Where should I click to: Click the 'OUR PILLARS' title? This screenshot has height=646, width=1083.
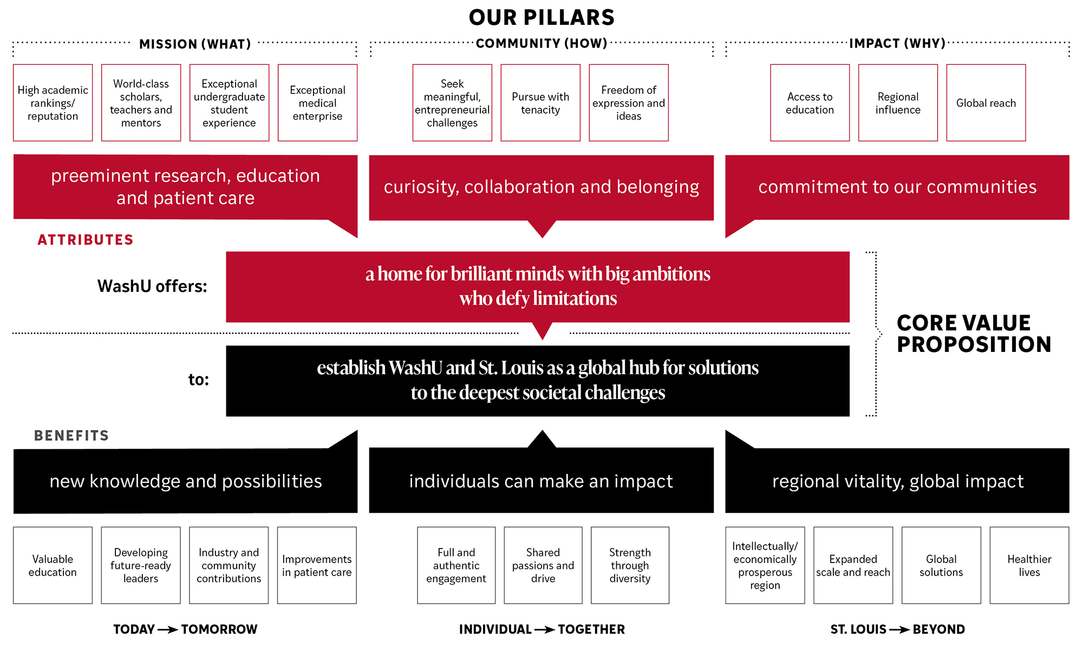point(541,18)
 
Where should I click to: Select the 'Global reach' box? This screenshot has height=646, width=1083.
point(986,103)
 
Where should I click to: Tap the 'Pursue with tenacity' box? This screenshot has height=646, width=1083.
point(540,103)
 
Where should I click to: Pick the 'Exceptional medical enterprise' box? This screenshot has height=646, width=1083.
point(317,103)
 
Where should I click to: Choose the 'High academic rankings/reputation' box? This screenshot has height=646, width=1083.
point(53,103)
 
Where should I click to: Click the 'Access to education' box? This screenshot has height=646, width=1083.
point(810,103)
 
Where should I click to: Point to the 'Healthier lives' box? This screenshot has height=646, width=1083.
point(1029,565)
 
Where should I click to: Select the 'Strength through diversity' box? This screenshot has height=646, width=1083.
point(630,565)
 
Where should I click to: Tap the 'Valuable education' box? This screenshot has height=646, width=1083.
point(53,565)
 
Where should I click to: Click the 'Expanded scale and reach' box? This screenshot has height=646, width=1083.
point(853,565)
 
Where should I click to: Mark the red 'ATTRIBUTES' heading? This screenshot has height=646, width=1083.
point(85,240)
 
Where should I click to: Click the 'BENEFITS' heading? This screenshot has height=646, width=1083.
point(71,436)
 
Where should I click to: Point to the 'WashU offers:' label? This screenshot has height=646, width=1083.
point(152,286)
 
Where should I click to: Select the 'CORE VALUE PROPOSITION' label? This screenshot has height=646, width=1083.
point(973,334)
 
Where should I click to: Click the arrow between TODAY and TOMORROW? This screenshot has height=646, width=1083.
point(168,629)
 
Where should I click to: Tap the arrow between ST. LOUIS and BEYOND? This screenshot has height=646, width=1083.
point(899,629)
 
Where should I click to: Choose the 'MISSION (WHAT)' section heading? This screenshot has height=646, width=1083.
point(195,44)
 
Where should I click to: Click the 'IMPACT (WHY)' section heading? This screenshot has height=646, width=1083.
point(897,43)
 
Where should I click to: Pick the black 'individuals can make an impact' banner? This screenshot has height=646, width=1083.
point(541,481)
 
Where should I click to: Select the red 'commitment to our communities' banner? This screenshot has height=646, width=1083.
point(897,187)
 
